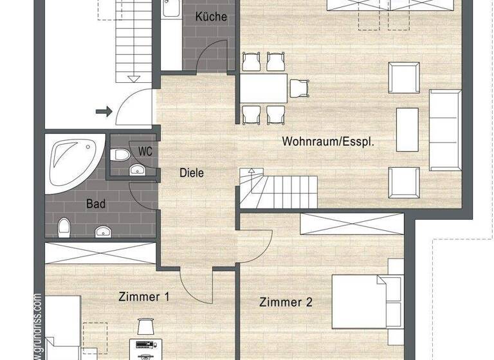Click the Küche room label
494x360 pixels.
point(211,17)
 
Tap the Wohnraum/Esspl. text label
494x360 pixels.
point(327,142)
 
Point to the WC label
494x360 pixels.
point(145,152)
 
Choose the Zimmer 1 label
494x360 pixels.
point(144,297)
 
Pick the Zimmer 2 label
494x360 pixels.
point(286,301)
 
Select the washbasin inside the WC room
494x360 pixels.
point(137,170)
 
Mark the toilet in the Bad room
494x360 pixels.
point(64,227)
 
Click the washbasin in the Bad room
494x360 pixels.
point(103,231)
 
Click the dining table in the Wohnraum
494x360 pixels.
point(264,88)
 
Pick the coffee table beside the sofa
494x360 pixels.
point(407,129)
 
